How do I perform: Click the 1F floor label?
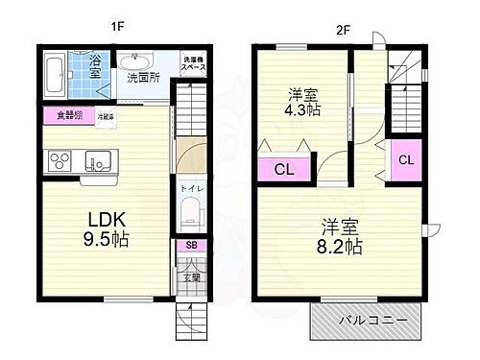pos(116,27)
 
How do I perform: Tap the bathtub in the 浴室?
pos(56,75)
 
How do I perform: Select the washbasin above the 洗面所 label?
pos(135,59)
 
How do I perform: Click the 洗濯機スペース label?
pos(195,64)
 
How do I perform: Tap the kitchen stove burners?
pos(58,160)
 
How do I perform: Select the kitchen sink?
pos(96,160)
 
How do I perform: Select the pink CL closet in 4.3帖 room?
pos(284,169)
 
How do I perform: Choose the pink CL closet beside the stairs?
pos(405,159)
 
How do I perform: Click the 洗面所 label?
pos(143,78)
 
